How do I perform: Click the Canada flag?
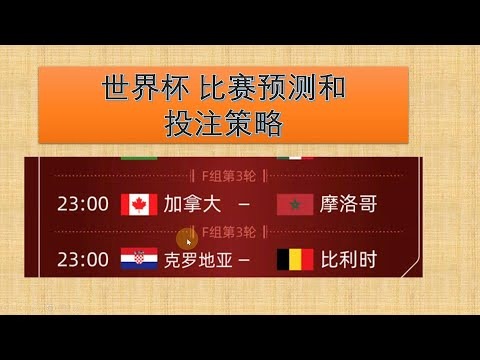[138, 205]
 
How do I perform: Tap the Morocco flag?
[295, 205]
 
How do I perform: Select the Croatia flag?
[138, 260]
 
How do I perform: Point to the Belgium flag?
[295, 260]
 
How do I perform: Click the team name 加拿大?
[193, 205]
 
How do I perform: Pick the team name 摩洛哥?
[349, 205]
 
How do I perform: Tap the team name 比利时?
[350, 260]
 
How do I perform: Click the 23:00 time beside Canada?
[83, 205]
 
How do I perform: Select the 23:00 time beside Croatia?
[83, 260]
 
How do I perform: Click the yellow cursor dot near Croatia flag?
[185, 239]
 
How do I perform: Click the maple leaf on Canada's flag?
[138, 205]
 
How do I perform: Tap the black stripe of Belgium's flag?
[283, 260]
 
